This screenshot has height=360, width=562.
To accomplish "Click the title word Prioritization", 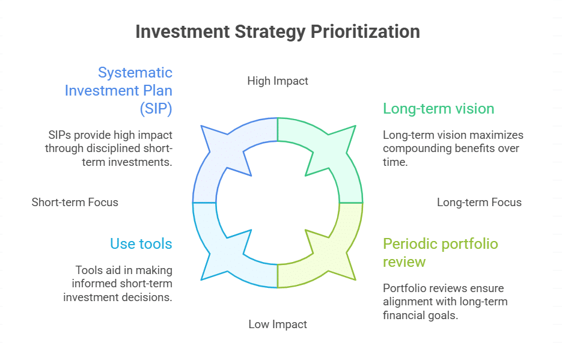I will pyautogui.click(x=365, y=31).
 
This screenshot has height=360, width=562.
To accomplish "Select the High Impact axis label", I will pyautogui.click(x=278, y=81).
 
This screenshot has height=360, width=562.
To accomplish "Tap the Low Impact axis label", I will pyautogui.click(x=278, y=325).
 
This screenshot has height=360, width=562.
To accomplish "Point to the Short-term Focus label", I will pyautogui.click(x=75, y=202).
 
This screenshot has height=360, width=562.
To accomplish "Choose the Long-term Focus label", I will pyautogui.click(x=479, y=202).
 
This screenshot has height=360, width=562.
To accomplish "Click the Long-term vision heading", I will pyautogui.click(x=438, y=109).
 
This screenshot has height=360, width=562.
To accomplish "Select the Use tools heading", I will pyautogui.click(x=141, y=244).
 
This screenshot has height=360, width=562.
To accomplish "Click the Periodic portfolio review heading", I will pyautogui.click(x=440, y=252).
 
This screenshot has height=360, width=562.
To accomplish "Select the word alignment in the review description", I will pyautogui.click(x=409, y=302).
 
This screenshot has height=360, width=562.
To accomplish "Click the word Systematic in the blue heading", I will pyautogui.click(x=135, y=73).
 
